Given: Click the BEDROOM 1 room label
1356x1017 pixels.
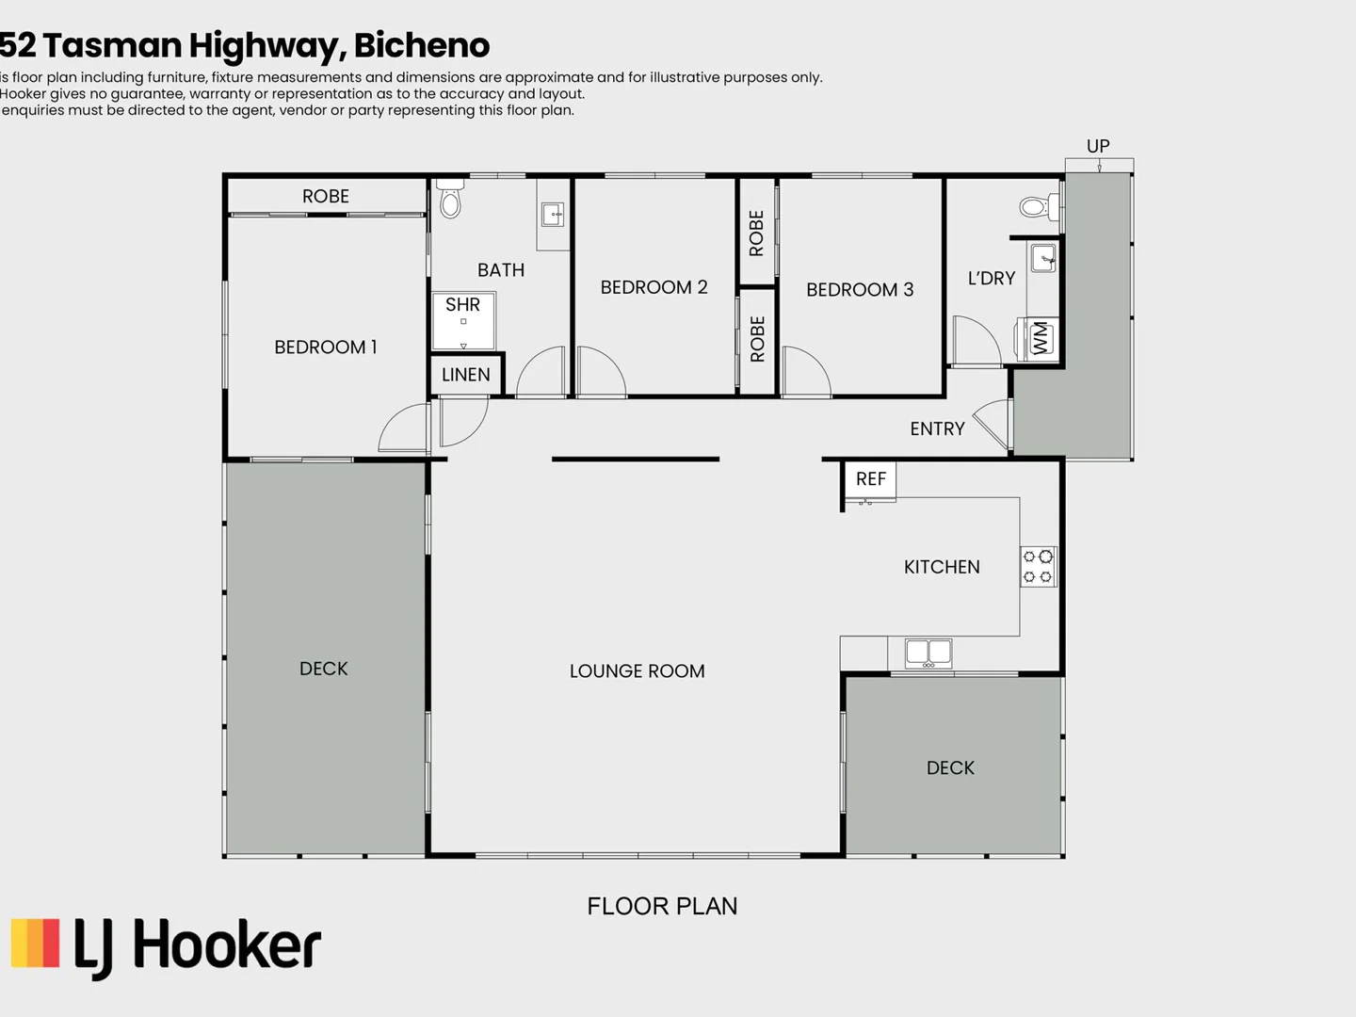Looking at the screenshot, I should [325, 347].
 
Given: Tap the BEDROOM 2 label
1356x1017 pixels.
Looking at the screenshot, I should [654, 287].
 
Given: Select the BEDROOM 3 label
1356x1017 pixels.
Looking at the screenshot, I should [859, 290].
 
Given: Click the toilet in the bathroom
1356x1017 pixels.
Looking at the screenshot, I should [450, 200].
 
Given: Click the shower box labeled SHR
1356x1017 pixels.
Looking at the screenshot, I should [462, 320].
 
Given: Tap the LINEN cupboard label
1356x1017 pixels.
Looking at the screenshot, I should [465, 375].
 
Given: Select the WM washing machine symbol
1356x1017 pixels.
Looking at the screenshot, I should [1040, 338].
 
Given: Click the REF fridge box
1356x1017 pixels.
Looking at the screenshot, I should [870, 479].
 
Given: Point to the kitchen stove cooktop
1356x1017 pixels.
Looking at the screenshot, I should [1038, 567].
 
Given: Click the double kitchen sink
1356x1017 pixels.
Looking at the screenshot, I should [928, 652].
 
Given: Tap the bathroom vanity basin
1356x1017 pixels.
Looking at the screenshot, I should [553, 216].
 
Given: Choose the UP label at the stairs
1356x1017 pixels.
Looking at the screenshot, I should [1098, 146].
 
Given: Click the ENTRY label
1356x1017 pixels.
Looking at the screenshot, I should [937, 429].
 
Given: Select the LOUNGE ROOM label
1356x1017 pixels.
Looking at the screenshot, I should [637, 671].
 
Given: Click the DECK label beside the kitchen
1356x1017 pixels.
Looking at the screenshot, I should [950, 768].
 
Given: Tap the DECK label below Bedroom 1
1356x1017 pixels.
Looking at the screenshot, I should [323, 669].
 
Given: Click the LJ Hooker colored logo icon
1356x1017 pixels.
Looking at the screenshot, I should [36, 944].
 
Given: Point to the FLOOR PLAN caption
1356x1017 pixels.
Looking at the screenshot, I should [662, 906].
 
